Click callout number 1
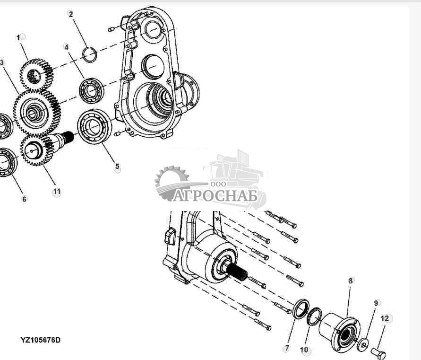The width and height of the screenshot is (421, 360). pyautogui.click(x=19, y=37)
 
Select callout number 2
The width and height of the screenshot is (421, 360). pyautogui.click(x=71, y=14)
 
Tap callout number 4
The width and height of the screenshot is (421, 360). pyautogui.click(x=67, y=47)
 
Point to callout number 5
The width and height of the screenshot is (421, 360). pyautogui.click(x=117, y=167)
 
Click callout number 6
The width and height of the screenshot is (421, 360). pyautogui.click(x=25, y=199)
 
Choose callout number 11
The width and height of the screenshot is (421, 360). pyautogui.click(x=56, y=192)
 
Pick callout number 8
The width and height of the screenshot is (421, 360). pyautogui.click(x=351, y=281)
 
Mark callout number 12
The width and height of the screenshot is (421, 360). pyautogui.click(x=385, y=318)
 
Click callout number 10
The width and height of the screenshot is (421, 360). pyautogui.click(x=304, y=350)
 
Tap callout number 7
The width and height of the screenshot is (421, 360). pyautogui.click(x=286, y=349)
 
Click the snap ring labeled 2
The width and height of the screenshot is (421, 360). pyautogui.click(x=90, y=55)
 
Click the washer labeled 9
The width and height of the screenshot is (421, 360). pyautogui.click(x=362, y=342)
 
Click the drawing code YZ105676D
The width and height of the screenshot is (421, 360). pyautogui.click(x=40, y=340)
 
